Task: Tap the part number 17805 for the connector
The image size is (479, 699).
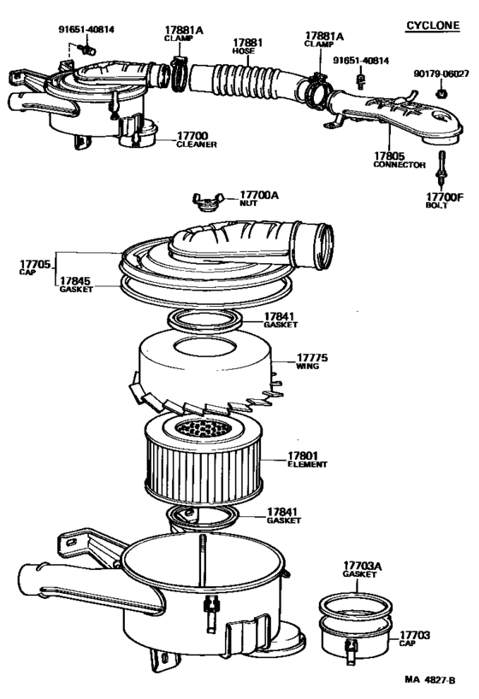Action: point(388,156)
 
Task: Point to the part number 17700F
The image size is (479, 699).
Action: point(444,197)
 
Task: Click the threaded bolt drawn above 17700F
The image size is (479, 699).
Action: point(442,169)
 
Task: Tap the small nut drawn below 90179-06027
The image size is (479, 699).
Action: point(440,92)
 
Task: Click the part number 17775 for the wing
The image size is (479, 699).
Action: point(312,357)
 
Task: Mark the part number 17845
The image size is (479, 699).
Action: point(75,279)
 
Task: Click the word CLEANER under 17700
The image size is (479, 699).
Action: point(196,145)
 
